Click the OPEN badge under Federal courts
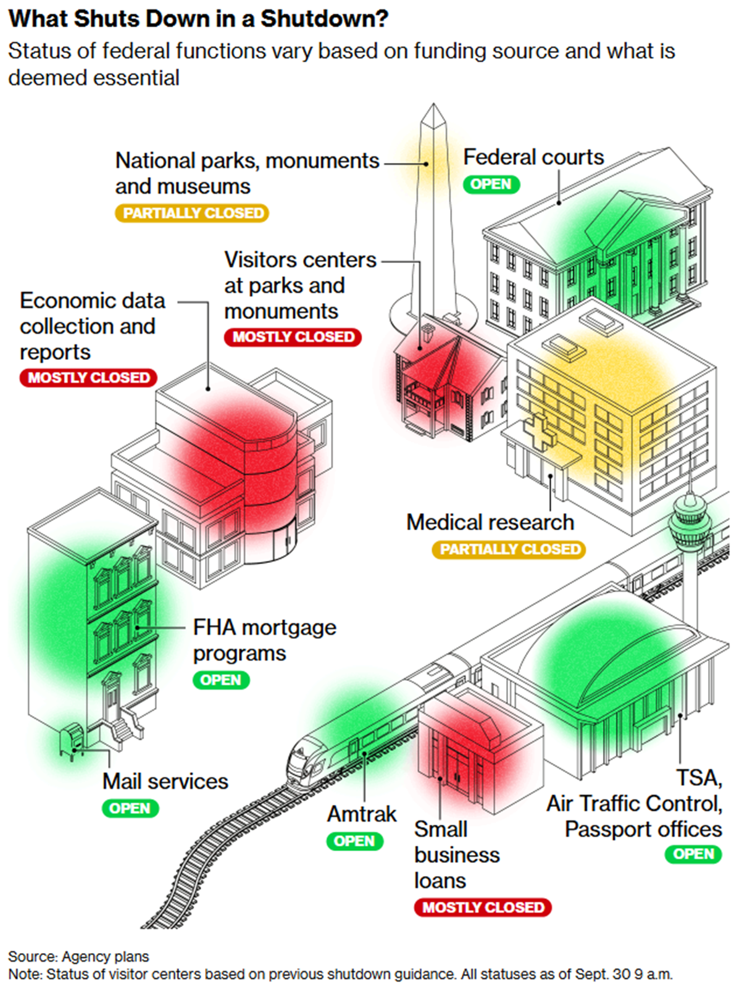coord(491,184)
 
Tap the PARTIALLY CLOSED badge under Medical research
coord(509,549)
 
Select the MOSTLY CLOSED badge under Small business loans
coord(483,907)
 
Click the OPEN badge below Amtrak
coord(354,841)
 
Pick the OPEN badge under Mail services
coord(130,808)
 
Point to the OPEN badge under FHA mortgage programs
coord(220,680)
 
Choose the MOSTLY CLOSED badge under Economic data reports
coord(88,377)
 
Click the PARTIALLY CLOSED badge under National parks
coord(192,213)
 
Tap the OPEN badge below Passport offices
coord(693,854)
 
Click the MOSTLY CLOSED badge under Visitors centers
coord(293,337)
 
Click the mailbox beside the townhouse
coord(72,738)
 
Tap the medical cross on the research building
coord(538,431)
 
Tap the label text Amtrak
coord(362,814)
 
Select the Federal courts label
coord(533,157)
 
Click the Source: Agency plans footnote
coord(78,956)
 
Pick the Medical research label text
coord(490,522)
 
